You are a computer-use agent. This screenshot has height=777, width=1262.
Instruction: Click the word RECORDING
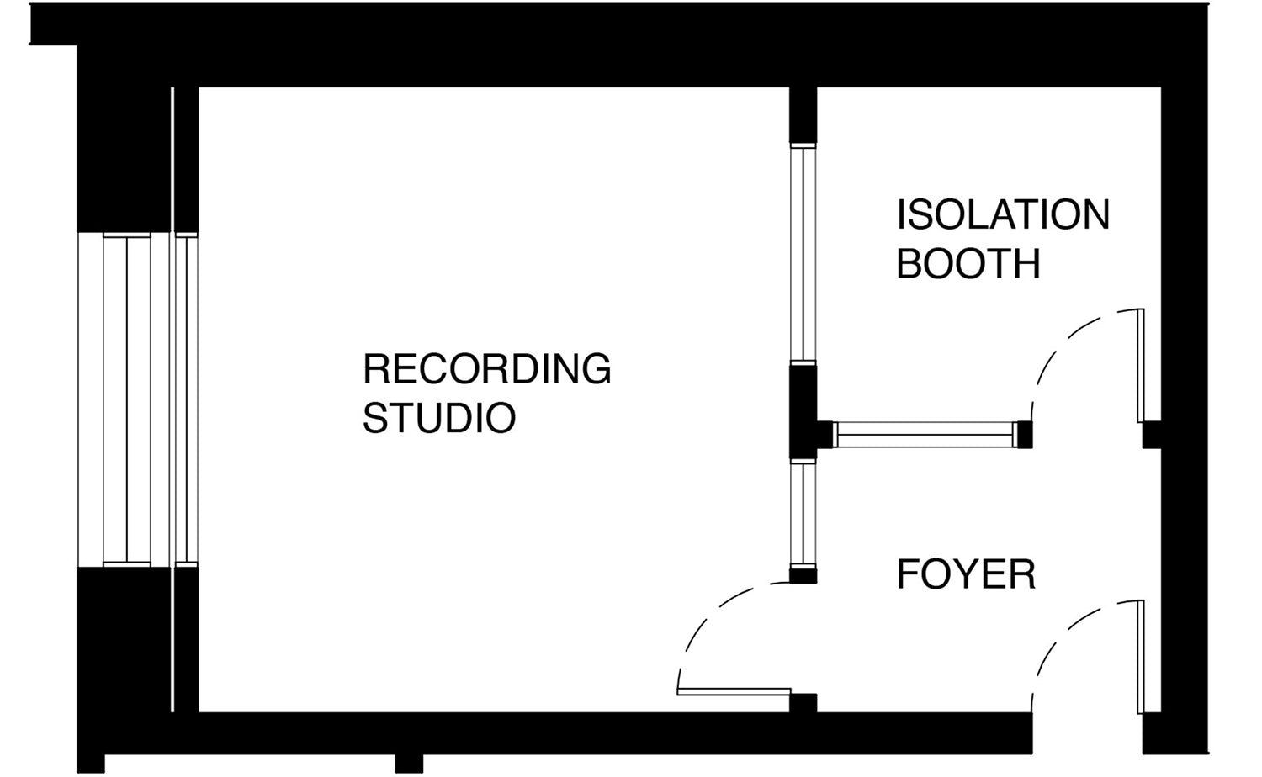click(486, 369)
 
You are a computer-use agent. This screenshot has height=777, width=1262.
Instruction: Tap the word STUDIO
click(438, 418)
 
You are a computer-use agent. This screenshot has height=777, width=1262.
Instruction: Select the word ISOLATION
click(1003, 215)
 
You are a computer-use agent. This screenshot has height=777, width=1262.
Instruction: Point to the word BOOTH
click(968, 264)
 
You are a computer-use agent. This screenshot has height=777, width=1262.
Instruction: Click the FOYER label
click(966, 575)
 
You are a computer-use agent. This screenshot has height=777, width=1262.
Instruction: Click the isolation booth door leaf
click(1140, 366)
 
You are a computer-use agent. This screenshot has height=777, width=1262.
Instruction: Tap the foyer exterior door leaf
click(1140, 657)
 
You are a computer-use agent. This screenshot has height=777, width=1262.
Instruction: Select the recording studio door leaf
click(734, 692)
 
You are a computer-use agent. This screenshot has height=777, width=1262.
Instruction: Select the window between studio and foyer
click(803, 515)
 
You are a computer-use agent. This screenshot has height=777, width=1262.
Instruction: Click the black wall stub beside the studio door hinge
click(803, 703)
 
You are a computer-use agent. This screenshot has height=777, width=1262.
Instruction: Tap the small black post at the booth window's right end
click(1024, 435)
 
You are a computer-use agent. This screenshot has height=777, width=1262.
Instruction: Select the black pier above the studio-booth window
click(803, 115)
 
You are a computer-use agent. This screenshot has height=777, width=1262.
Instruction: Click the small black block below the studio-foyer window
click(803, 576)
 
